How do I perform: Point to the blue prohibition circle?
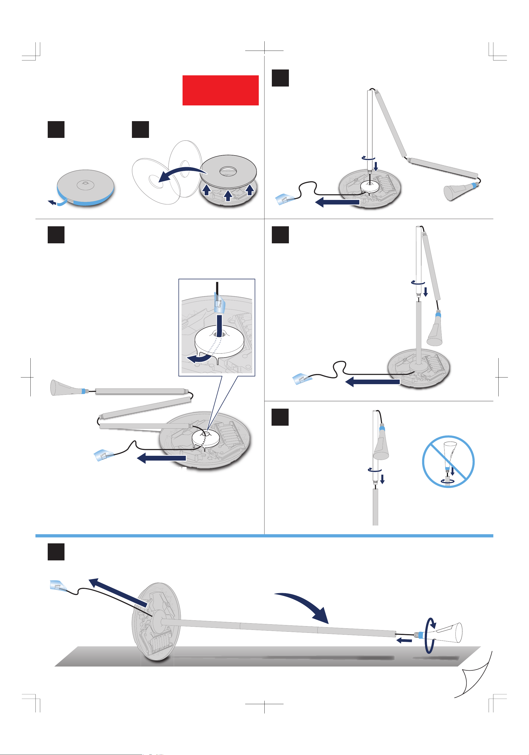point(448,461)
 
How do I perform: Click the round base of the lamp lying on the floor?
point(157,622)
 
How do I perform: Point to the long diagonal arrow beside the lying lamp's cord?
point(119,592)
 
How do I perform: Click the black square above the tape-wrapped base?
point(56,129)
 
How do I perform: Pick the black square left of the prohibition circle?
point(280,417)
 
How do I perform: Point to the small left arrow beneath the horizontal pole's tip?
point(404,640)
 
